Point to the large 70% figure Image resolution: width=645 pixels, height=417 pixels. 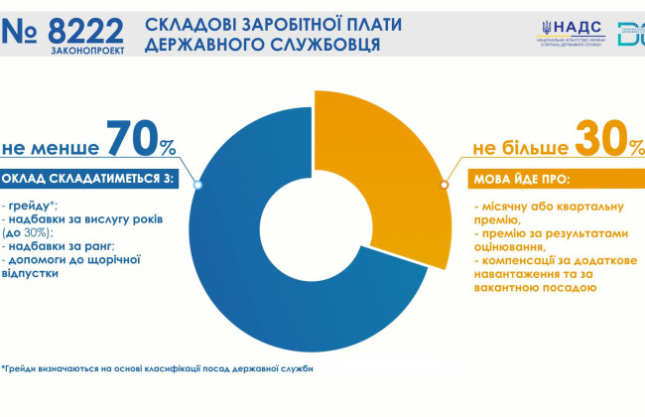point(141,141)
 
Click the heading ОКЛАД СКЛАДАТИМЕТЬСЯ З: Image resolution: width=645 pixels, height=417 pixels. point(86,180)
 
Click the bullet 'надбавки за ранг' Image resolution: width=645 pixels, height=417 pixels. point(61,245)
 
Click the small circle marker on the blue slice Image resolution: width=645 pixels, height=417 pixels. point(198,185)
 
